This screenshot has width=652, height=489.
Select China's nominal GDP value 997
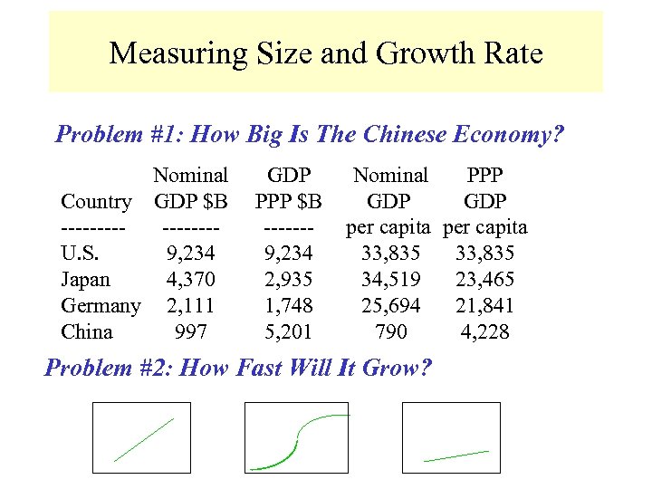[x=190, y=332]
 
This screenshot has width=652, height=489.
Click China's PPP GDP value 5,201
[x=289, y=332]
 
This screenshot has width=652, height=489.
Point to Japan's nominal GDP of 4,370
[x=190, y=280]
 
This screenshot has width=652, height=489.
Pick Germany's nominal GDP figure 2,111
[x=190, y=306]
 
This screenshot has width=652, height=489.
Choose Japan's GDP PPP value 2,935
[x=289, y=280]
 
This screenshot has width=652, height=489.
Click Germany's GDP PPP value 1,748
[x=289, y=306]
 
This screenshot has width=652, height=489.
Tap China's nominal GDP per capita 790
[x=390, y=332]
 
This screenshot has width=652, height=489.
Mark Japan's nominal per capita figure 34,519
[x=390, y=280]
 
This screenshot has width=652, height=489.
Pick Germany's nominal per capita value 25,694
[x=390, y=306]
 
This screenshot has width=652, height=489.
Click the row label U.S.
[x=80, y=254]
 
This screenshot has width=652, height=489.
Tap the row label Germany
[x=101, y=306]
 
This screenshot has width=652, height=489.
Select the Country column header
[x=96, y=201]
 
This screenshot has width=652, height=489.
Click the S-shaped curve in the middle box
[x=299, y=439]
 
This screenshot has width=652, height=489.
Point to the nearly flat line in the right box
[x=455, y=455]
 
